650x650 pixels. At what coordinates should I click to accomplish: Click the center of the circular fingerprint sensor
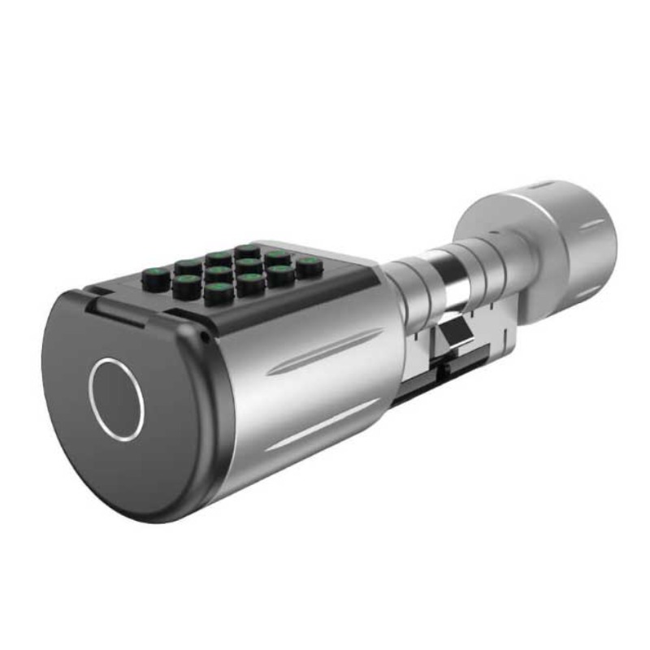(116, 398)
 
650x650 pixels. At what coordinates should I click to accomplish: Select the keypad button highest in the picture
(248, 251)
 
